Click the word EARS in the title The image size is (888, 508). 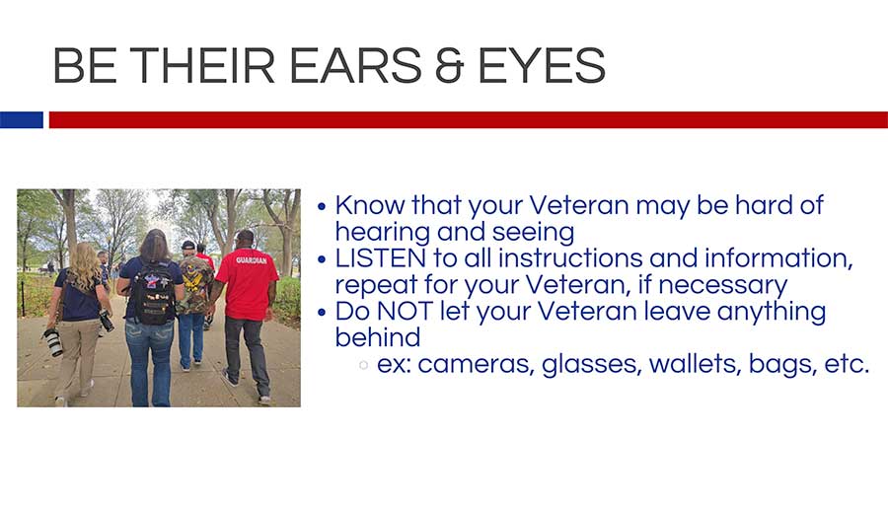click(x=355, y=66)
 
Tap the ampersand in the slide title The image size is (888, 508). click(x=450, y=66)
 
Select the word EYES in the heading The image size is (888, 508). click(x=542, y=66)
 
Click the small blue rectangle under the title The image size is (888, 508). click(x=22, y=120)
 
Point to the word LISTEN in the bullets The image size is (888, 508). click(x=380, y=258)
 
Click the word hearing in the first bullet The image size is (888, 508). click(x=382, y=233)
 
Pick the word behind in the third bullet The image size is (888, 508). click(x=378, y=337)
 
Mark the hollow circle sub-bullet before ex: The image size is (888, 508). click(x=363, y=365)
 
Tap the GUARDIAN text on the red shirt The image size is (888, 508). click(x=251, y=260)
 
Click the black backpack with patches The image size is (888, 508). click(x=152, y=293)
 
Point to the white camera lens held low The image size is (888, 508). click(x=53, y=342)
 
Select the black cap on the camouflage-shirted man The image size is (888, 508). click(x=188, y=246)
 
